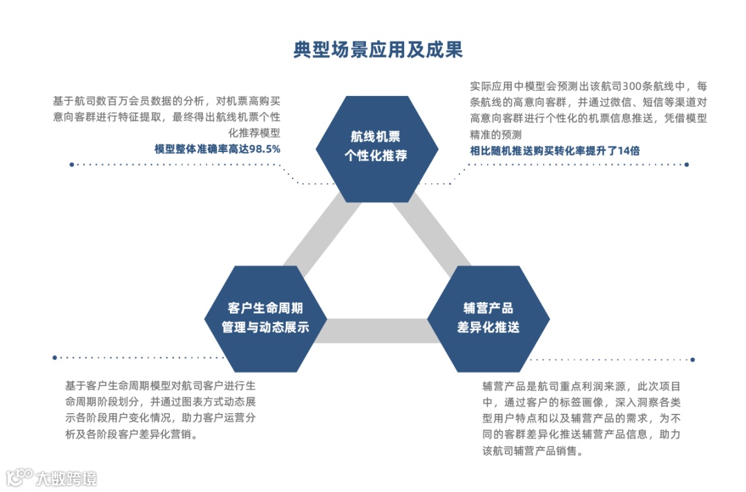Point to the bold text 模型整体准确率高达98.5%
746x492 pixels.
(x=218, y=149)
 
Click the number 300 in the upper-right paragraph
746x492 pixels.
(x=635, y=86)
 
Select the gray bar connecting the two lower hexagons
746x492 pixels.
(x=376, y=330)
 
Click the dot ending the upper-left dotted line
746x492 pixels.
(x=72, y=164)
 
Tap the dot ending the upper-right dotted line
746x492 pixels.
(x=687, y=164)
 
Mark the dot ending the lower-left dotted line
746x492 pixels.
(x=55, y=357)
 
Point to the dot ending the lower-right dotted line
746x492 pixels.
(x=692, y=359)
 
